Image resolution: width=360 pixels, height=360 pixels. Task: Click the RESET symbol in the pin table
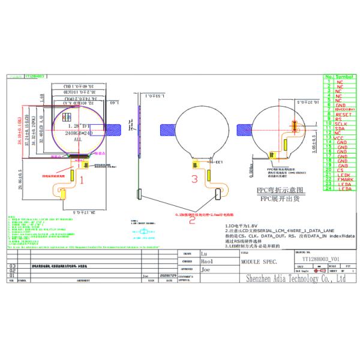[x=342, y=114]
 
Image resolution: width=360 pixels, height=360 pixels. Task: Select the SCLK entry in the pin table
[x=342, y=124]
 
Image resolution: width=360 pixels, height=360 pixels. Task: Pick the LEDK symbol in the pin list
[x=342, y=174]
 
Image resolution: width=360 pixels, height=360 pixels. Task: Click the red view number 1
[x=81, y=178]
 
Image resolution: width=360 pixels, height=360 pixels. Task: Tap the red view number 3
[x=194, y=179]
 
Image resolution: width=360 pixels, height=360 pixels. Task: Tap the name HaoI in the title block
[x=205, y=262]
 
